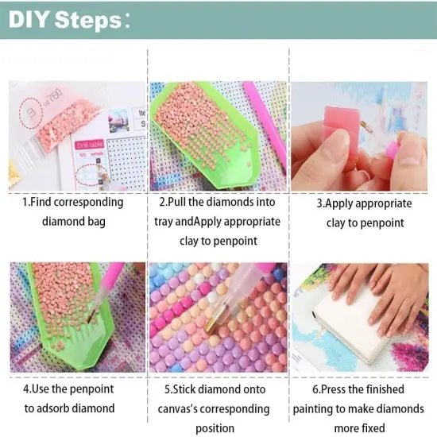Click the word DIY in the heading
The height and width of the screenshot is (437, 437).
(x=27, y=20)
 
